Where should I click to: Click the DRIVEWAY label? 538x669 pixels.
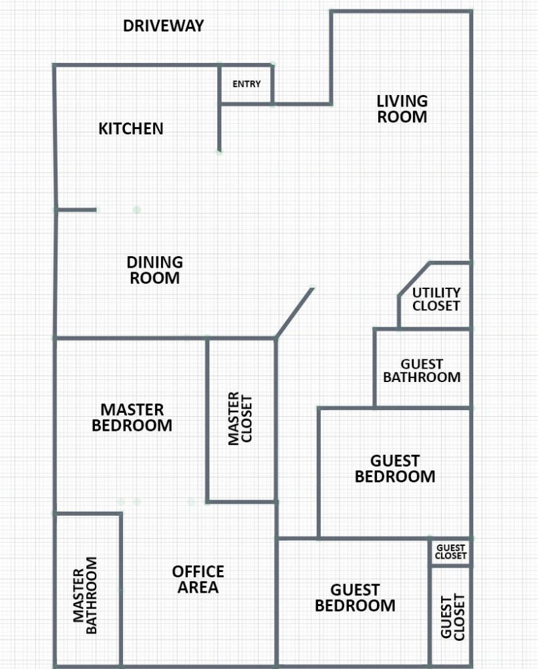click(163, 25)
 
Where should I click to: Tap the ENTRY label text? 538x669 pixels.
click(247, 84)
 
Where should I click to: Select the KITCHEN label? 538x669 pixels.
click(131, 128)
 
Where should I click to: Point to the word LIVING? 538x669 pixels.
click(402, 101)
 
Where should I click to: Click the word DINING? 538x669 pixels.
click(155, 262)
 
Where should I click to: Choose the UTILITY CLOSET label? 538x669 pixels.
click(436, 299)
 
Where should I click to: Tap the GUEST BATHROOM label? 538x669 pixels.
click(422, 371)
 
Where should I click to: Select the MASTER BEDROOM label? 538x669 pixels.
click(132, 417)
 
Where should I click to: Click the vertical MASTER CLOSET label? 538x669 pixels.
click(240, 419)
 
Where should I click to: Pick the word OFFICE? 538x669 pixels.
click(198, 571)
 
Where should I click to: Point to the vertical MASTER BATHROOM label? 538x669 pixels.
click(85, 595)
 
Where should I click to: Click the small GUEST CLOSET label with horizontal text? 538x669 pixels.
click(450, 552)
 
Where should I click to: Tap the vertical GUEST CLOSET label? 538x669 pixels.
click(452, 617)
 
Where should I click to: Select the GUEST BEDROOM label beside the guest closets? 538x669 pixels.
click(355, 597)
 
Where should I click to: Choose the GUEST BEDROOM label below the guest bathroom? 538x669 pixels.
click(395, 468)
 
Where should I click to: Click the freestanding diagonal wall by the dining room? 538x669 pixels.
click(295, 313)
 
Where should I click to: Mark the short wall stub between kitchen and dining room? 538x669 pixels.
click(76, 209)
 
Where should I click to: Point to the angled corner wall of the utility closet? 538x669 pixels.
click(414, 279)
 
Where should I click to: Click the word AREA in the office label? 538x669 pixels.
click(198, 587)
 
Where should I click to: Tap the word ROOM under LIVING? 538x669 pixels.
click(402, 117)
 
